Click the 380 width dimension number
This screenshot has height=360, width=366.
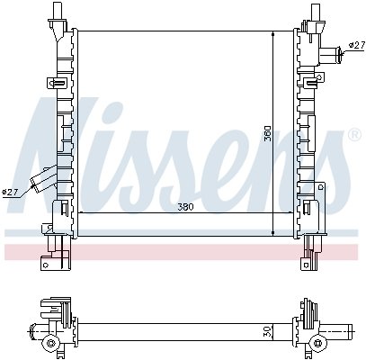pyautogui.click(x=185, y=207)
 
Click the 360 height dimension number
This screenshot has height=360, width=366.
pyautogui.click(x=267, y=133)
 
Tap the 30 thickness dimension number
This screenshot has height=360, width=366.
pyautogui.click(x=268, y=331)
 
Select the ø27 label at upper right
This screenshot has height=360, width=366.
pyautogui.click(x=357, y=46)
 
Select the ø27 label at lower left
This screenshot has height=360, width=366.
pyautogui.click(x=10, y=193)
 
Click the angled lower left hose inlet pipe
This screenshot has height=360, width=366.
pyautogui.click(x=44, y=180)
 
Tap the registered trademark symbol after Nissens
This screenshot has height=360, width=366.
pyautogui.click(x=354, y=135)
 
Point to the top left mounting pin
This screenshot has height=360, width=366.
pyautogui.click(x=56, y=10)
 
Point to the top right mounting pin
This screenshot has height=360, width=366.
pyautogui.click(x=315, y=12)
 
